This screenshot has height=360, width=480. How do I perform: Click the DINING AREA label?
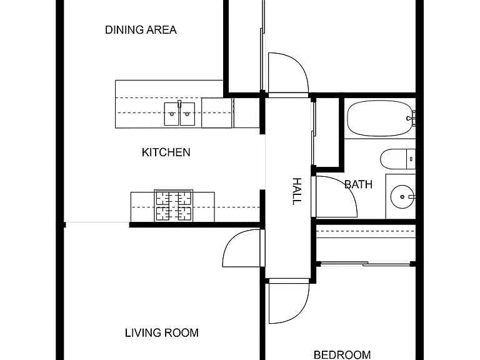[141, 30]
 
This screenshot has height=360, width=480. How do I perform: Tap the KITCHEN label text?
[166, 152]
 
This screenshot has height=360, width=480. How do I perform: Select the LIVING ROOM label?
[162, 332]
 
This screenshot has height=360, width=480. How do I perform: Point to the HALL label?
[297, 191]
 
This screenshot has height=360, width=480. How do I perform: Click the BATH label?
[359, 184]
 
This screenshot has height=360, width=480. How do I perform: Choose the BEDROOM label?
[342, 355]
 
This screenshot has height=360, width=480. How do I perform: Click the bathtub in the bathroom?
[380, 118]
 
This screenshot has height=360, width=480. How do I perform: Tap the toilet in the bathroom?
[397, 159]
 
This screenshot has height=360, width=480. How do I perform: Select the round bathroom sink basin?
[402, 197]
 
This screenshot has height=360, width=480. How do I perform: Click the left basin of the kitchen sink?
[172, 114]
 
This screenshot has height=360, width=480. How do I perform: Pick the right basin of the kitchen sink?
[187, 114]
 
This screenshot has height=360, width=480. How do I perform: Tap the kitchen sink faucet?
[179, 104]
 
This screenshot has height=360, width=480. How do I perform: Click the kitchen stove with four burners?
[174, 206]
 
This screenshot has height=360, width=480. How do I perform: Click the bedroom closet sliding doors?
[366, 263]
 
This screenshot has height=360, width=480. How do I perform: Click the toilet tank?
[411, 159]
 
